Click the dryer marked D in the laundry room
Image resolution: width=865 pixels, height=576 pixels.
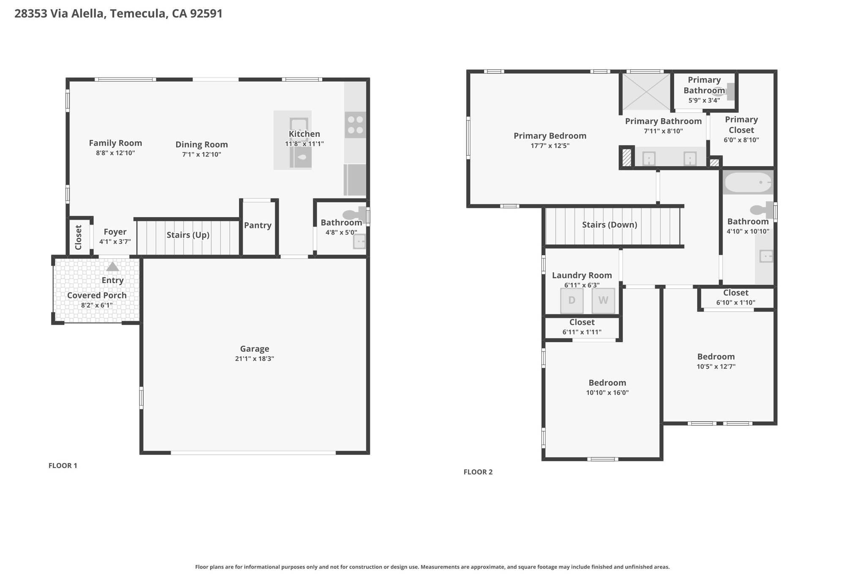(x=572, y=300)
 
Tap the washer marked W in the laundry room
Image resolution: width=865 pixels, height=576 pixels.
(x=603, y=300)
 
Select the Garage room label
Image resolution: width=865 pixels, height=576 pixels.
(x=255, y=349)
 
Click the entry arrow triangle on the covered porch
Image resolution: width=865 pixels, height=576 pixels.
(x=112, y=266)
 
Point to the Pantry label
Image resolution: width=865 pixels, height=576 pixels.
(x=258, y=225)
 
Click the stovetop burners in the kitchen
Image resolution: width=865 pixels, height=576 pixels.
(x=355, y=125)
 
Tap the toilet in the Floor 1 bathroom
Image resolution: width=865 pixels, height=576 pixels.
(x=354, y=215)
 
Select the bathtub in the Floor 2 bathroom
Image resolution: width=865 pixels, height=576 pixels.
(x=748, y=183)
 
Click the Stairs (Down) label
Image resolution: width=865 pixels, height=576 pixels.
(x=609, y=224)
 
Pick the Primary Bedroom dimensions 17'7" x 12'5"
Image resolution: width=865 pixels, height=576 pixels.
(x=550, y=146)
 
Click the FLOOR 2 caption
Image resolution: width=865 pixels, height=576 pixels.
(x=478, y=472)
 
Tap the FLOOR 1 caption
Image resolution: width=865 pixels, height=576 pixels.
(x=63, y=465)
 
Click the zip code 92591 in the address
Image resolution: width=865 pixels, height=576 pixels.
(x=206, y=14)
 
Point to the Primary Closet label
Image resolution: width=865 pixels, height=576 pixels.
(x=741, y=124)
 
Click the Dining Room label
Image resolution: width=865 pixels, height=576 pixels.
(x=201, y=144)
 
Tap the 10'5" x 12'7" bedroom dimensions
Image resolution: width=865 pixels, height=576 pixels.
(x=716, y=366)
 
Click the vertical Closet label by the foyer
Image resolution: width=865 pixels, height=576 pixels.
(x=79, y=237)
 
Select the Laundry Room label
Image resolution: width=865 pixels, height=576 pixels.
(x=582, y=275)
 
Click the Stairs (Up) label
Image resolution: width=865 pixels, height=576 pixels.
(x=188, y=235)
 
